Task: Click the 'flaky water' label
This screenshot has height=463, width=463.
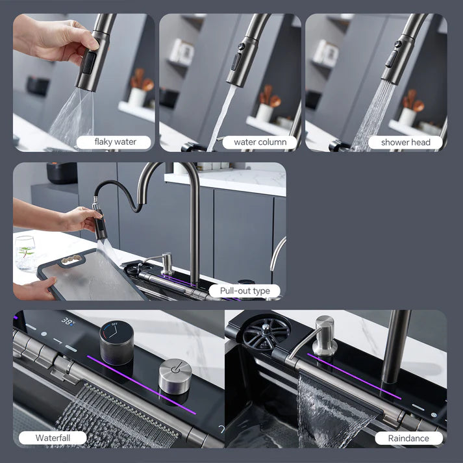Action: [x=115, y=142]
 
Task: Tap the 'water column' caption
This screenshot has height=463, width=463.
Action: [x=260, y=142]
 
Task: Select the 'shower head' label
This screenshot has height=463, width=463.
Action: [x=406, y=142]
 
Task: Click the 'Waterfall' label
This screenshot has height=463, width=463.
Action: [x=52, y=438]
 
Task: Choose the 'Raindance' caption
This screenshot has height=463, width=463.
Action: [x=408, y=438]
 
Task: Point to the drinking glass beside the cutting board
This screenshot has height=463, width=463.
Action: [x=25, y=252]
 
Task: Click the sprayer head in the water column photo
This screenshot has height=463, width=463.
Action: [x=240, y=62]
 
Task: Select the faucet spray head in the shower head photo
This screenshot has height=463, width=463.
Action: [x=397, y=60]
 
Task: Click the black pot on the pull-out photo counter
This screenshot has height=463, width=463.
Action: [x=62, y=173]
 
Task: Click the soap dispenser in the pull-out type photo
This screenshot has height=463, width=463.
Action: [x=167, y=262]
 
